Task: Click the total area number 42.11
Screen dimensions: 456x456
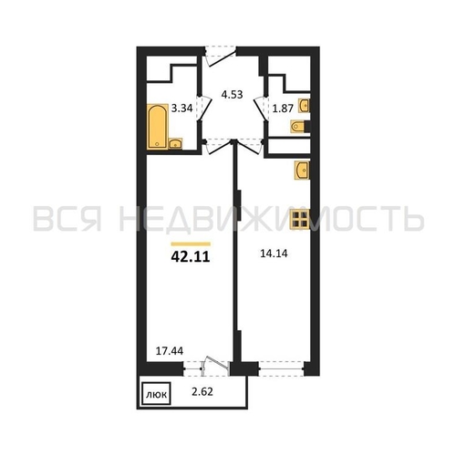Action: tap(191, 257)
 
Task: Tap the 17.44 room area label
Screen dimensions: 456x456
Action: tap(170, 351)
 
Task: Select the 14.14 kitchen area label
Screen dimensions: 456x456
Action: tap(274, 254)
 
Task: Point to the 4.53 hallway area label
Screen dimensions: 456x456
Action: tap(232, 95)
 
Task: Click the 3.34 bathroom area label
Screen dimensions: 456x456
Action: tap(181, 109)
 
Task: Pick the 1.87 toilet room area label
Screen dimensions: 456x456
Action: tap(283, 109)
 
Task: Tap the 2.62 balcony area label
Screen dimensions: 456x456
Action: tap(202, 392)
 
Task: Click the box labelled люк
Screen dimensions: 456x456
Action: tap(156, 394)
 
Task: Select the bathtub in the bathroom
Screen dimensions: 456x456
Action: tap(158, 127)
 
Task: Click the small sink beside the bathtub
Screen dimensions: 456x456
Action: tap(175, 143)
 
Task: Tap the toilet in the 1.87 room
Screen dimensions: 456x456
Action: tap(300, 127)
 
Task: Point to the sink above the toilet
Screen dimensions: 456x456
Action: tap(305, 106)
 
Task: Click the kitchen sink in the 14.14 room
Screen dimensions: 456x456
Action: tap(302, 171)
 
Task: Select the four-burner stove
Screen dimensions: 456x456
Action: tap(300, 219)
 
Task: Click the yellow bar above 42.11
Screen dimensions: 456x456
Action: tap(191, 244)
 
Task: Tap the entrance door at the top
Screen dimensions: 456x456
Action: tap(221, 57)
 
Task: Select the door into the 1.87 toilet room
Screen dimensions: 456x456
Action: tap(261, 109)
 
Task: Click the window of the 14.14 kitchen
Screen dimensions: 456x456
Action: tap(282, 368)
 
